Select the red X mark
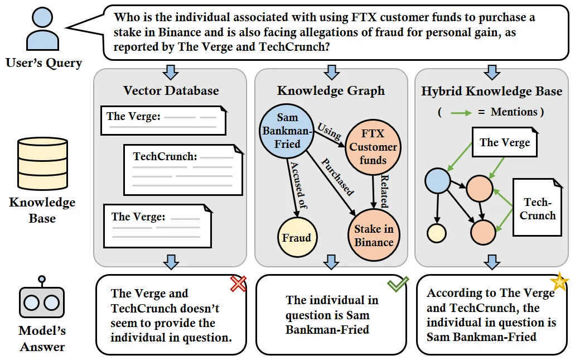pos(238,284)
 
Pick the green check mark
pos(398,284)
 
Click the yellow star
pos(559,282)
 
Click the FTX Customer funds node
pos(373,147)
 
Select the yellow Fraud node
pos(297,237)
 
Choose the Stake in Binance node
pos(374,235)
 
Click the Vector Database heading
pos(171,90)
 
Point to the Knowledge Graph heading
pos(331,90)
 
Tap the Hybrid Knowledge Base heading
pos(491,91)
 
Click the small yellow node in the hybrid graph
pos(437,233)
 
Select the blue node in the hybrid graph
pos(437,181)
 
